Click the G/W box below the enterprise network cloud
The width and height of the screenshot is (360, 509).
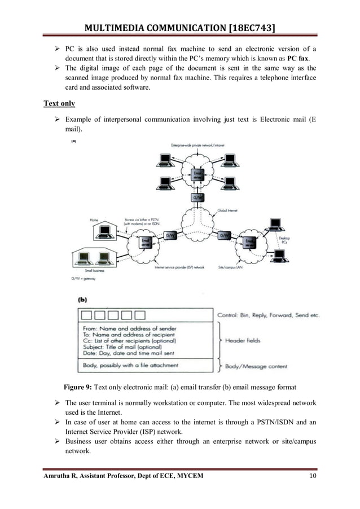197,198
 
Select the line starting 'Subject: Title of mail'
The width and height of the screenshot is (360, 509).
128,347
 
